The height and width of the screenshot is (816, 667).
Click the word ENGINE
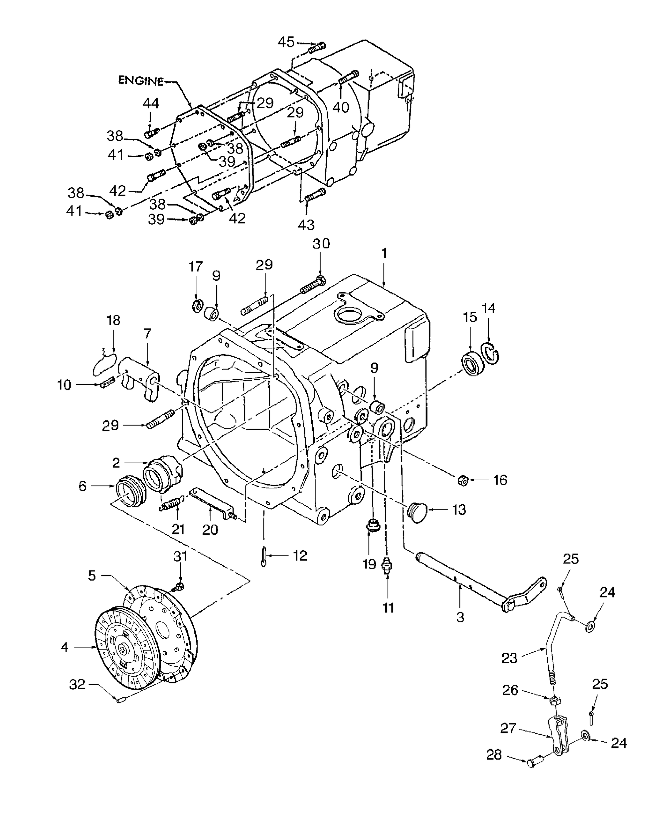141,81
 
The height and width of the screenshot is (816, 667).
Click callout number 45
286,42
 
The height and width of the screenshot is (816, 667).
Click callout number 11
388,608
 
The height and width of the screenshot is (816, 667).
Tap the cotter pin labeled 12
263,556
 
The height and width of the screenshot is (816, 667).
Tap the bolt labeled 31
178,587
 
